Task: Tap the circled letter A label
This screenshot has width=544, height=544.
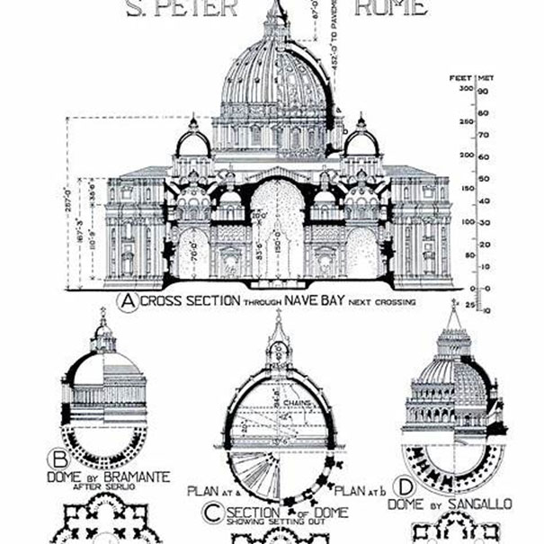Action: (129, 303)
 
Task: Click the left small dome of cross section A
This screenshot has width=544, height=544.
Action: (192, 142)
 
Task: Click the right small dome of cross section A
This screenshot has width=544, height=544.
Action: (361, 142)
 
